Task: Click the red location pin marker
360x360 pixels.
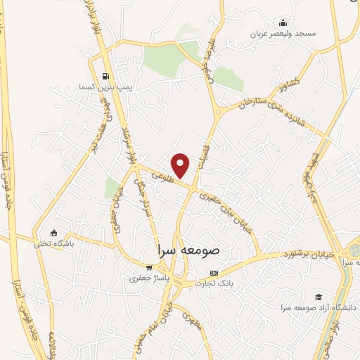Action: tap(181, 165)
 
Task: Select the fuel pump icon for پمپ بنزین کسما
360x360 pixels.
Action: tap(105, 77)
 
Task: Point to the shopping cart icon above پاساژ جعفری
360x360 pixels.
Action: tap(148, 267)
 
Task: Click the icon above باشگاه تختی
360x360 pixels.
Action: tap(53, 233)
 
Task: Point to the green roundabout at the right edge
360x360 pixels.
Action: tap(354, 250)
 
